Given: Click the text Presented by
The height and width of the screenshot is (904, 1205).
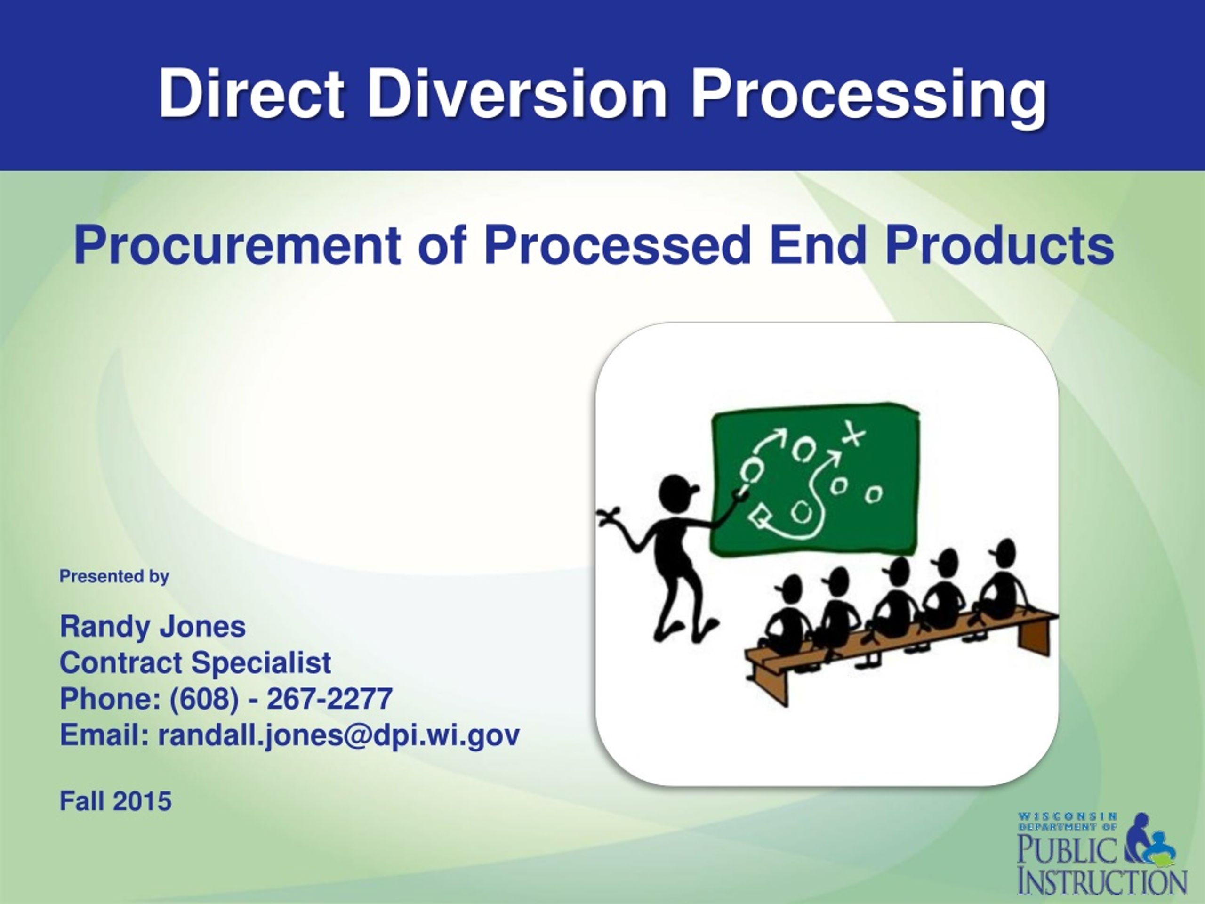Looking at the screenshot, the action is tap(114, 576).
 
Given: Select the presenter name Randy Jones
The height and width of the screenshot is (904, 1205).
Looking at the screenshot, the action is tap(153, 626).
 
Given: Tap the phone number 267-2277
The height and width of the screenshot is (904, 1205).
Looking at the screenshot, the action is tap(329, 699).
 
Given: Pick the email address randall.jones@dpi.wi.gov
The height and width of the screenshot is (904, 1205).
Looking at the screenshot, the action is tap(339, 735).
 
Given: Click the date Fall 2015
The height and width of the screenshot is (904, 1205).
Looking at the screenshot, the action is tap(115, 801).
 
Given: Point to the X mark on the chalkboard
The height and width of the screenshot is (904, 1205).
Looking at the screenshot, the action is tap(853, 434).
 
